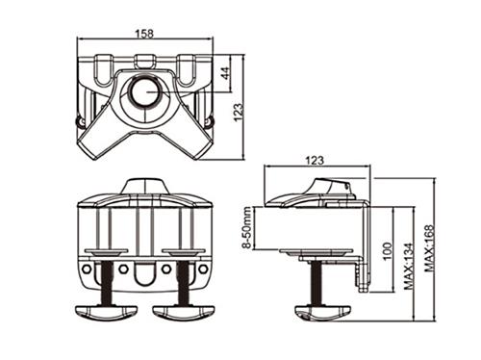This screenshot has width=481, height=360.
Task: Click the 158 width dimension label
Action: (x=144, y=33)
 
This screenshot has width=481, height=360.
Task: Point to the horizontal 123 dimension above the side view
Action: (x=315, y=160)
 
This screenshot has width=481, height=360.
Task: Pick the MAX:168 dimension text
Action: (x=430, y=248)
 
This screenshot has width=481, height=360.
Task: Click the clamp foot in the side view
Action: (x=322, y=312)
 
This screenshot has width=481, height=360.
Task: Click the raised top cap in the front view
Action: (x=144, y=184)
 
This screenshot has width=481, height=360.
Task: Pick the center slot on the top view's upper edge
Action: (x=145, y=60)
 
